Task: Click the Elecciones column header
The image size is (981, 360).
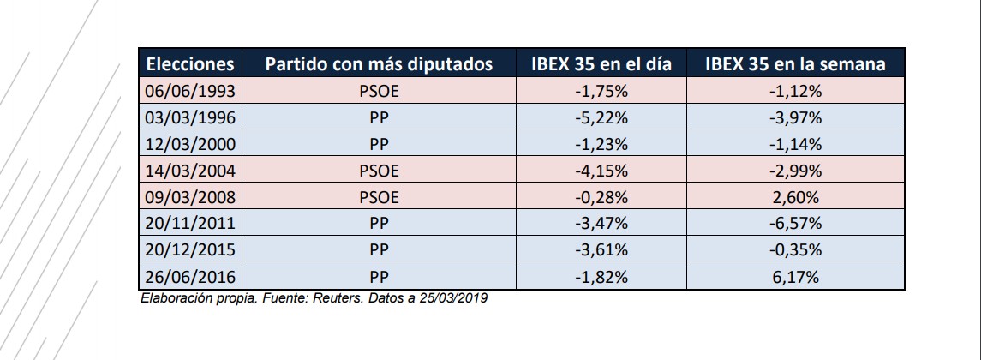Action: click(x=190, y=64)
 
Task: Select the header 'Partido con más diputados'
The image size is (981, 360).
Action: click(x=379, y=64)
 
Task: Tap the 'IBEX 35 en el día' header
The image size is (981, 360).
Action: click(x=601, y=64)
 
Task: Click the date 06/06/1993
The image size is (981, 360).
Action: click(x=190, y=90)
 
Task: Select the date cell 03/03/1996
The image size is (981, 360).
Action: click(x=190, y=117)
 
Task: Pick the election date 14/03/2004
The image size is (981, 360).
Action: click(x=190, y=170)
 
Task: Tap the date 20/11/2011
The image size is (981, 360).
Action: click(x=190, y=223)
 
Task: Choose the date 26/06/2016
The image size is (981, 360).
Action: click(x=190, y=277)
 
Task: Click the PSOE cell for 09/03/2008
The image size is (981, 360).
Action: click(x=379, y=196)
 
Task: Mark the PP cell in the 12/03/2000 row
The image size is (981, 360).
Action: click(x=379, y=143)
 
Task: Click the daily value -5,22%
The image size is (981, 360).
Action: click(x=601, y=117)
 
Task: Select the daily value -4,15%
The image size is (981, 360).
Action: click(x=601, y=170)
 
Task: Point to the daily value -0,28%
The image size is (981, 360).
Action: click(x=601, y=196)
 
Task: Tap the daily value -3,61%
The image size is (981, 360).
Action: click(x=601, y=250)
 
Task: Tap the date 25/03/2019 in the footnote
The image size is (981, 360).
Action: click(x=455, y=298)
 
